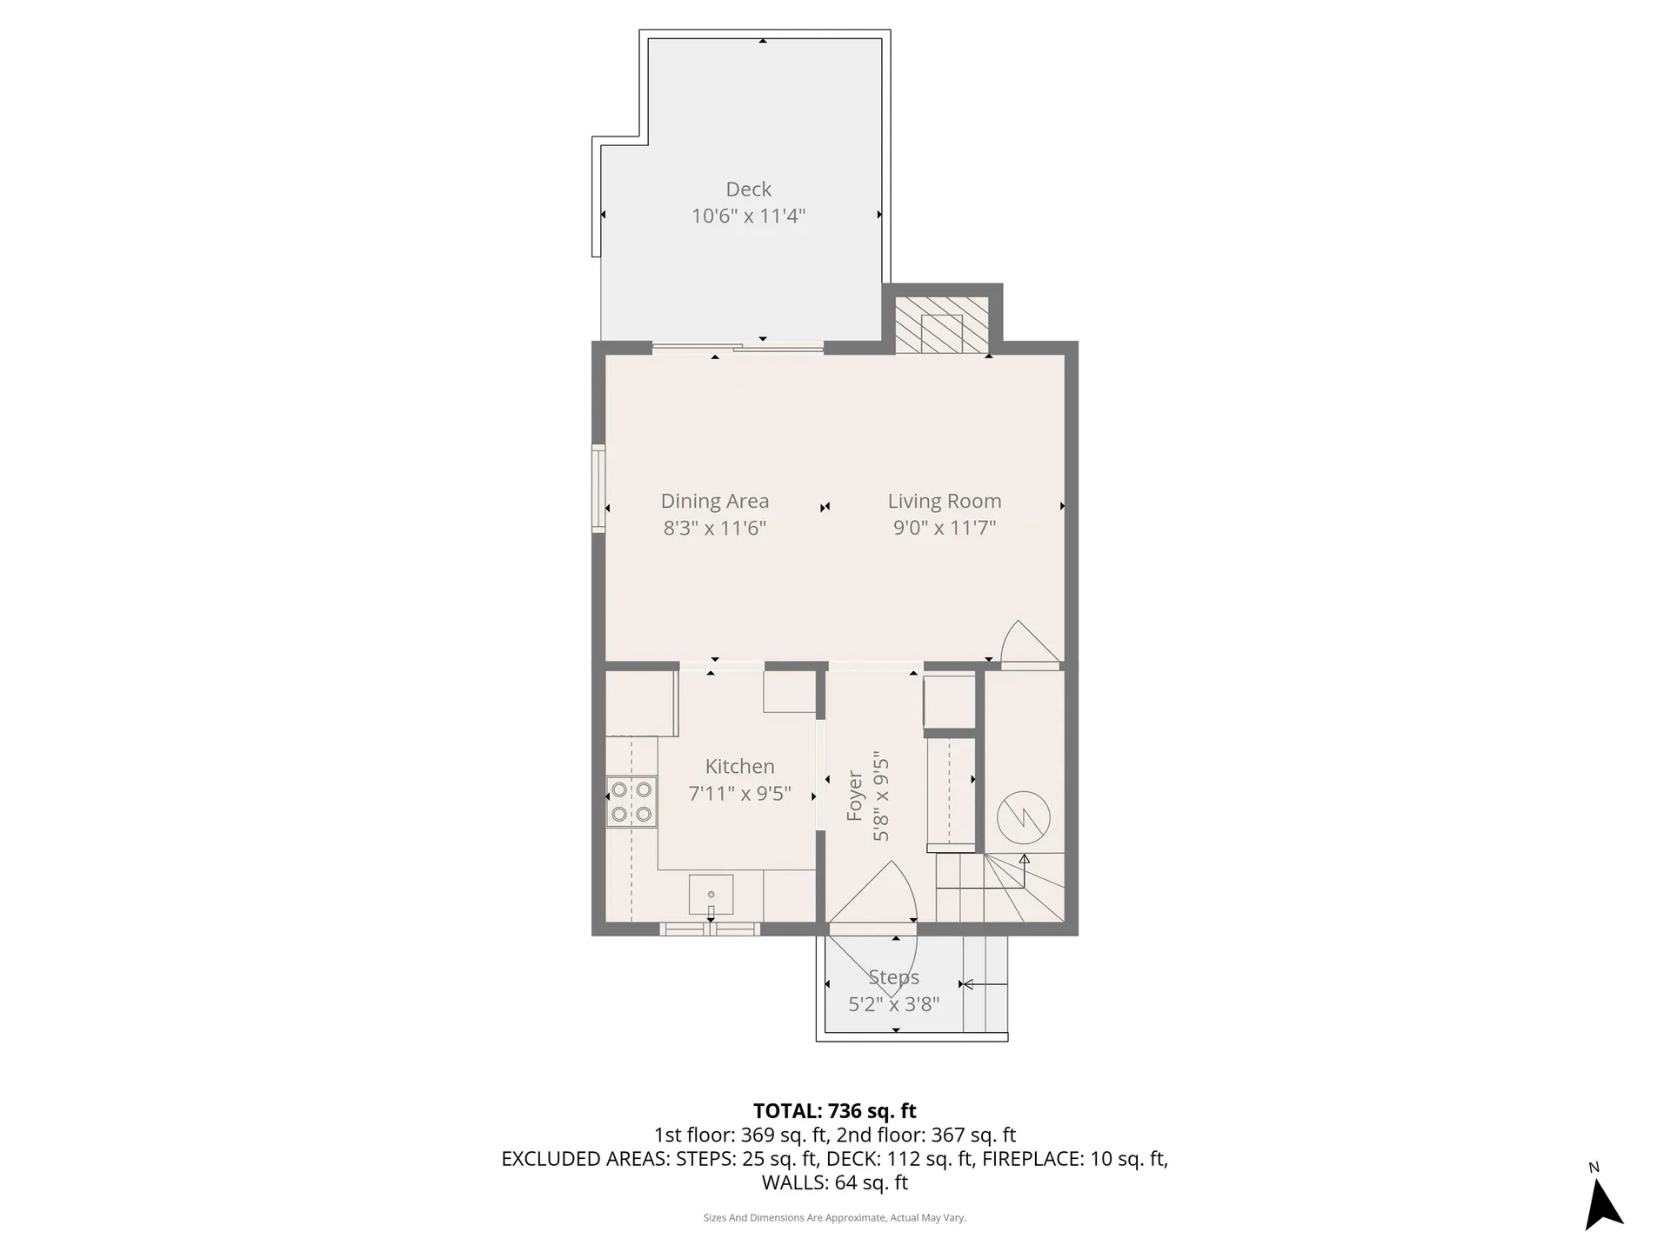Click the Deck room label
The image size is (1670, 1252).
pyautogui.click(x=748, y=189)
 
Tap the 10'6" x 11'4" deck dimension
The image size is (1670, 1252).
pyautogui.click(x=748, y=216)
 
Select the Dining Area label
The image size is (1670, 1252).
pyautogui.click(x=714, y=501)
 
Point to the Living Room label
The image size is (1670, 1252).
pyautogui.click(x=944, y=501)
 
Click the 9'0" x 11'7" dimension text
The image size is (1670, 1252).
pyautogui.click(x=944, y=527)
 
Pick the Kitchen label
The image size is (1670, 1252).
pyautogui.click(x=739, y=766)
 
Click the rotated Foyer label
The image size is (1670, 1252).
pyautogui.click(x=854, y=796)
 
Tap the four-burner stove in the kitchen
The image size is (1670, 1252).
pyautogui.click(x=631, y=802)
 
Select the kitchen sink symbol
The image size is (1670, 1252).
pyautogui.click(x=711, y=895)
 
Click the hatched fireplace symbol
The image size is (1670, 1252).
pyautogui.click(x=942, y=325)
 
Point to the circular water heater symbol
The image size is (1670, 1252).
pyautogui.click(x=1024, y=817)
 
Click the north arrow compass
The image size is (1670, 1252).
pyautogui.click(x=1602, y=1203)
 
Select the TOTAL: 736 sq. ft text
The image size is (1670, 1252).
pyautogui.click(x=834, y=1110)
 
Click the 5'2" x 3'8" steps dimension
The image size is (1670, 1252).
pyautogui.click(x=893, y=1004)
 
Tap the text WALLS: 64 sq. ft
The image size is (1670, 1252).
pyautogui.click(x=834, y=1182)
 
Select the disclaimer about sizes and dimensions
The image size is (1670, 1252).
pyautogui.click(x=834, y=1218)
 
